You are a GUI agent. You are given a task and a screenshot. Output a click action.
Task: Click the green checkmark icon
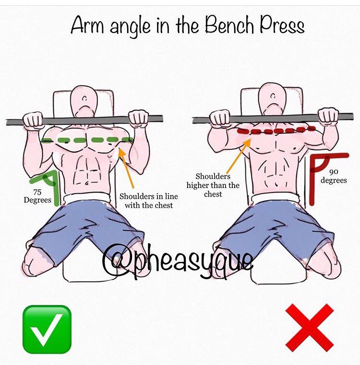(x=47, y=329)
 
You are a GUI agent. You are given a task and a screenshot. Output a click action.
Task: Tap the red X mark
(x=310, y=328)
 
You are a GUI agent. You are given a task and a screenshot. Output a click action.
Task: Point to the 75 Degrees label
(x=37, y=196)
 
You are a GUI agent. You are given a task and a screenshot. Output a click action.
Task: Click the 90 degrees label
(x=334, y=176)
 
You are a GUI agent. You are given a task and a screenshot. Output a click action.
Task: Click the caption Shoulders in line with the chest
(x=149, y=200)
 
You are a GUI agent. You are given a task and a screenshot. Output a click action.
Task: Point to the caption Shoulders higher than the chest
(x=213, y=185)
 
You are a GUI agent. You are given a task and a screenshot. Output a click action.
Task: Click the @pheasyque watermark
(x=178, y=262)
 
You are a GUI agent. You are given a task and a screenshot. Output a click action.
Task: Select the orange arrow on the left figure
(x=126, y=167)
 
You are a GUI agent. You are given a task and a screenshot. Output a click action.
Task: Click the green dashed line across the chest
(x=87, y=140)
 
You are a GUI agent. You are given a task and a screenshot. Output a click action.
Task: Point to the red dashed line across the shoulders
(x=276, y=130)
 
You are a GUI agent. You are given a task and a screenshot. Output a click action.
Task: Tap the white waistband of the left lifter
(x=87, y=198)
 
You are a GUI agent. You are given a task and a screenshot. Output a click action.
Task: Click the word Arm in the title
(x=87, y=24)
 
